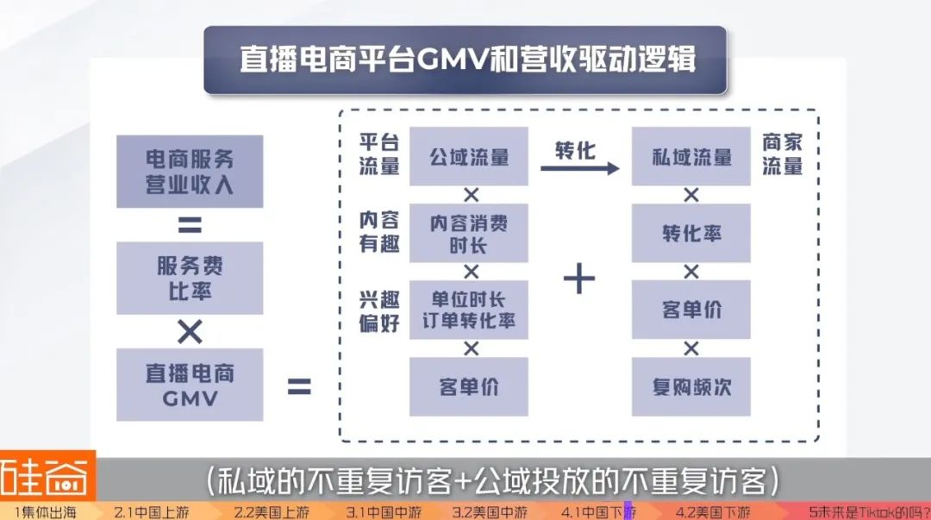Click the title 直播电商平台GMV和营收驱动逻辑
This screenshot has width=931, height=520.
point(465,61)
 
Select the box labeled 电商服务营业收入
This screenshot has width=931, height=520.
point(190,172)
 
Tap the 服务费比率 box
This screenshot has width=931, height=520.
point(190,278)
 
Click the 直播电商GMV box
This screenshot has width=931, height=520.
point(190,385)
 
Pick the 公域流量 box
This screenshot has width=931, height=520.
point(468,156)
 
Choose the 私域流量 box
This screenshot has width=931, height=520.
point(690,156)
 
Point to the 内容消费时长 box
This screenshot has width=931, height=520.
point(468,233)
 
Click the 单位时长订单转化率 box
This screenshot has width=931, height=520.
point(468,310)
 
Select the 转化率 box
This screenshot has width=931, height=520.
point(690,233)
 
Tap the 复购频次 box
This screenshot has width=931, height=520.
point(690,386)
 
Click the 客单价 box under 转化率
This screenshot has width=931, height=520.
point(690,310)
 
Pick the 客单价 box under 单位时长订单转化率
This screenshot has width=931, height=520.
point(468,386)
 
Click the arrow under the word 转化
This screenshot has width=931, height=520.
point(579,168)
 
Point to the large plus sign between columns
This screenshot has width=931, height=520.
point(579,278)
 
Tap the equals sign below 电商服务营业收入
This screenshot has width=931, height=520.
point(190,225)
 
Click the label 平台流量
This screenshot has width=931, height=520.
point(379,155)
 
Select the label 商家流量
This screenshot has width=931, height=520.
point(782,155)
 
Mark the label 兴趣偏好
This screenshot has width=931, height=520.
point(379,310)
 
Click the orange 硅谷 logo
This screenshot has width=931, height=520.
point(47,477)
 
